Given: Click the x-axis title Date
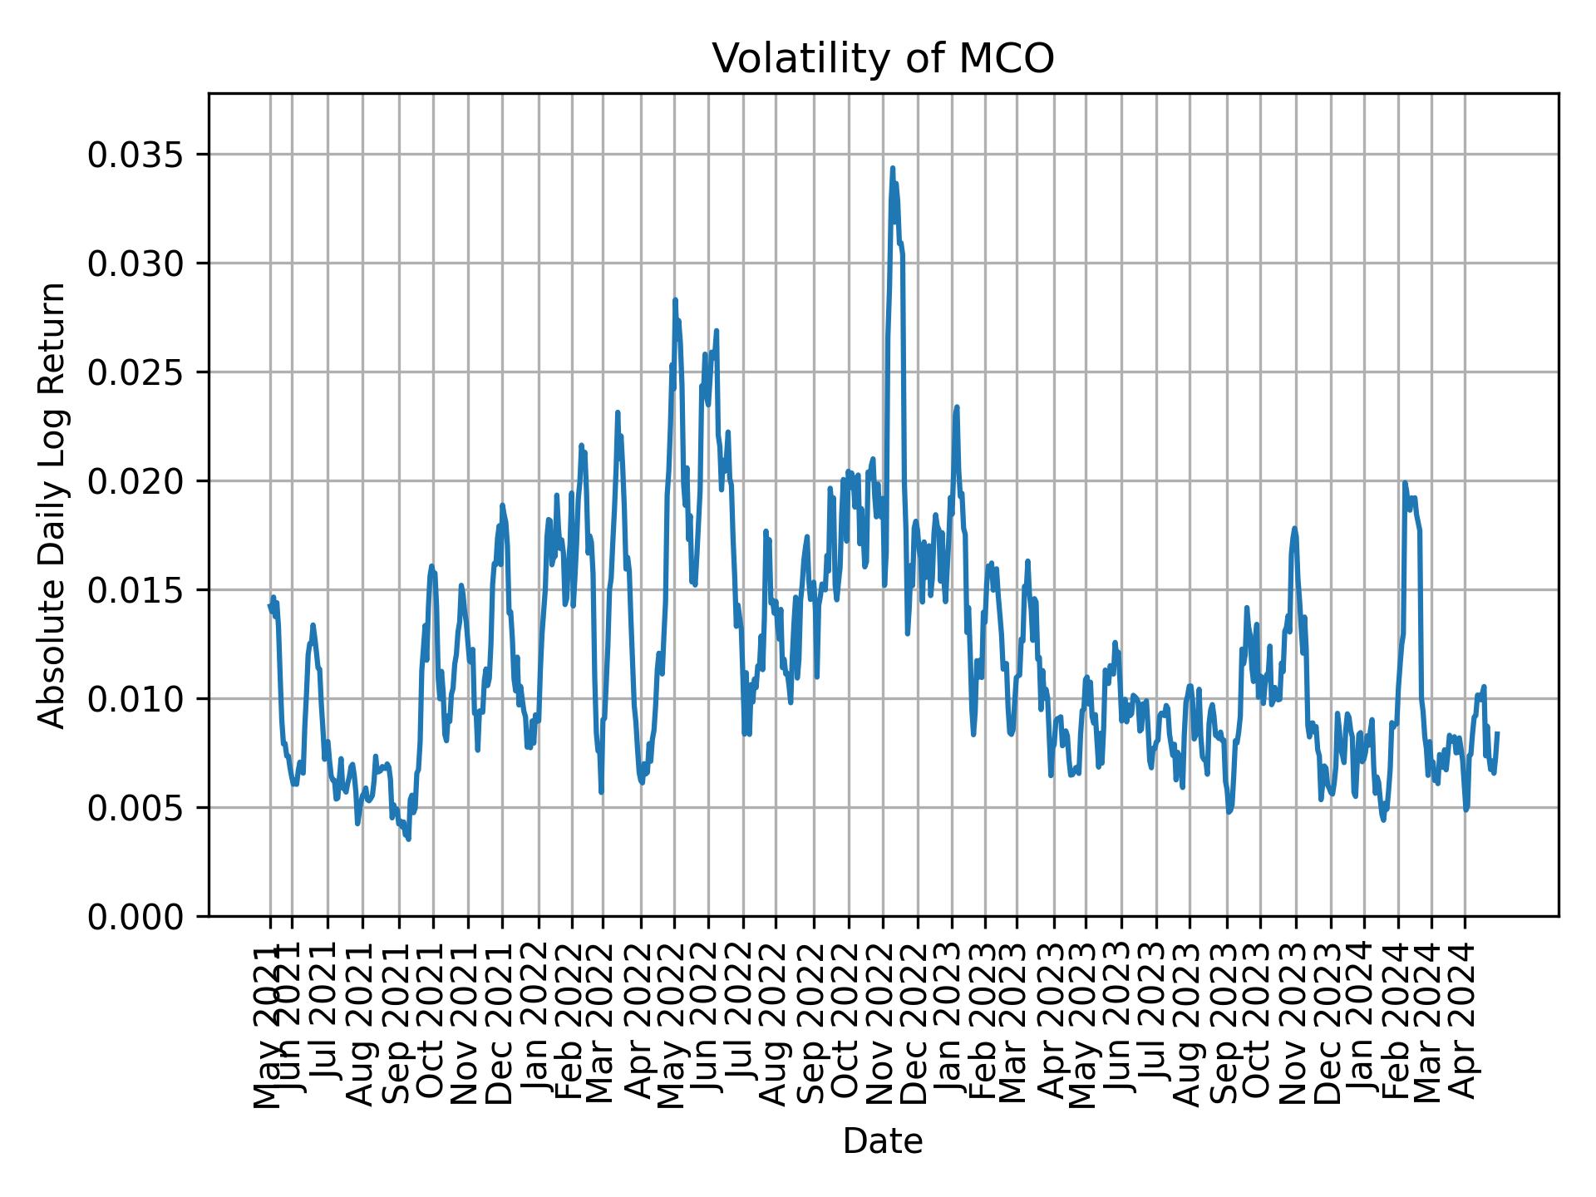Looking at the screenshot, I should pyautogui.click(x=883, y=1141).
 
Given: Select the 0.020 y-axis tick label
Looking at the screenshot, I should pyautogui.click(x=136, y=481).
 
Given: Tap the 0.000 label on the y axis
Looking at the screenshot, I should pyautogui.click(x=136, y=916).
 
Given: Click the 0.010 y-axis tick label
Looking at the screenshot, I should pyautogui.click(x=136, y=698).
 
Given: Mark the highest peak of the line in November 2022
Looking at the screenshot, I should pyautogui.click(x=893, y=168).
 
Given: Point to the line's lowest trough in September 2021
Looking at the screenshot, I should pyautogui.click(x=408, y=840).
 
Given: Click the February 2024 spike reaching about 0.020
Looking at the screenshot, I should pyautogui.click(x=1405, y=482).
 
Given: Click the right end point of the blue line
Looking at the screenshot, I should pyautogui.click(x=1497, y=733).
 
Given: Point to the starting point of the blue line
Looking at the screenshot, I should pyautogui.click(x=269, y=605).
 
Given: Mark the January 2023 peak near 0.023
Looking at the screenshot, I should pyautogui.click(x=957, y=406).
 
